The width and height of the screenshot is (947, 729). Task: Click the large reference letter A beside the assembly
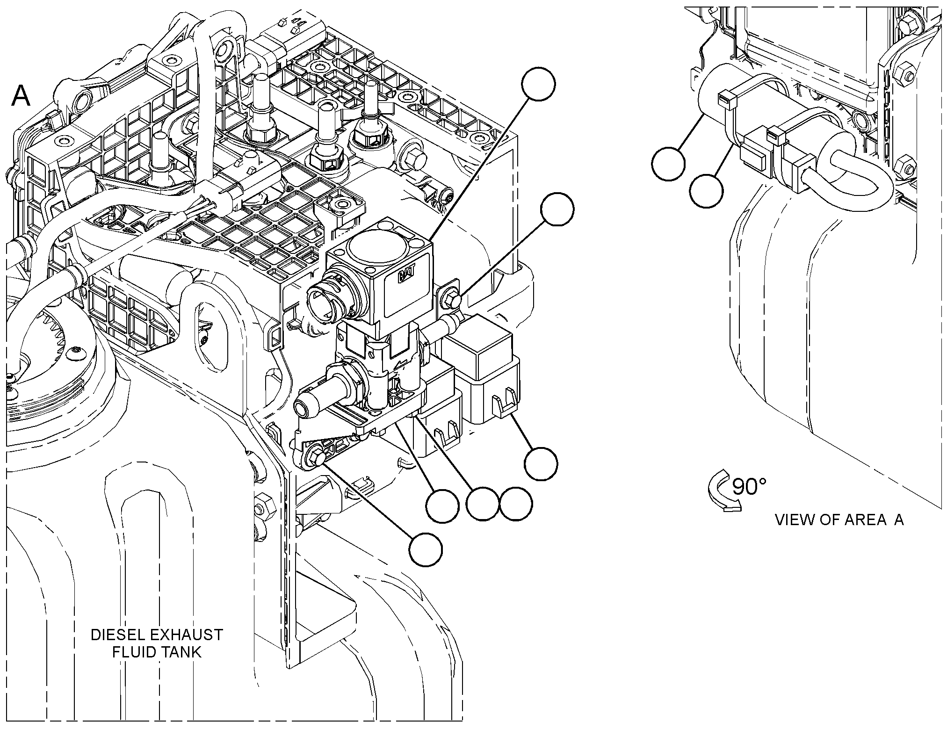tap(21, 96)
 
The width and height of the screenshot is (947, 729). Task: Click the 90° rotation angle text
tap(749, 486)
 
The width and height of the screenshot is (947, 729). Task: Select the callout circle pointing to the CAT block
tap(539, 84)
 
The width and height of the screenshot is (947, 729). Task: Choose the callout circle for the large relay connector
tap(541, 463)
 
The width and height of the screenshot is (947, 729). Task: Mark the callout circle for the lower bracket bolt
tap(425, 549)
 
